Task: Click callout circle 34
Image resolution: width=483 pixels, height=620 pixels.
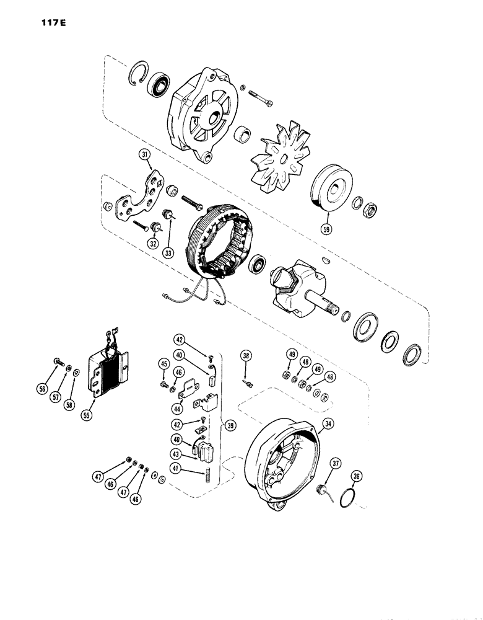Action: tap(327, 424)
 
